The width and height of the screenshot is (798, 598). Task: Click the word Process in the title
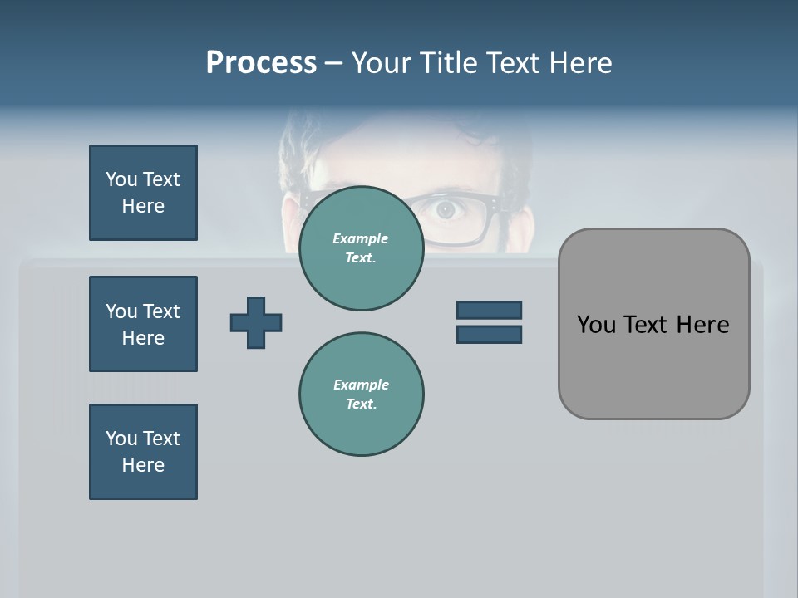(261, 63)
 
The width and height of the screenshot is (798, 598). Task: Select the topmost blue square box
(143, 193)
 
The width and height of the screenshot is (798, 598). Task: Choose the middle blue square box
(143, 324)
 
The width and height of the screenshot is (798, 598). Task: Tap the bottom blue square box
(143, 452)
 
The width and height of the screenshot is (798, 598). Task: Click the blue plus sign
(256, 322)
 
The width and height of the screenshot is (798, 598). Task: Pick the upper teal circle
(361, 248)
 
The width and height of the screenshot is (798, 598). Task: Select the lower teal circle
(361, 394)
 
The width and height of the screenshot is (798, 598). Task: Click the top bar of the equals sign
(489, 310)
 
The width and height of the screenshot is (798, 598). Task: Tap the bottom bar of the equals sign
(489, 334)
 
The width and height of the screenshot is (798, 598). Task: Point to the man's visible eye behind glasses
(447, 211)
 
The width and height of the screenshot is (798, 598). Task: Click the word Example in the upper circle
(361, 238)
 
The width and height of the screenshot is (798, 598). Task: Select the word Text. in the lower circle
(361, 404)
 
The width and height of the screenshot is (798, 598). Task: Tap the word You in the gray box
(595, 325)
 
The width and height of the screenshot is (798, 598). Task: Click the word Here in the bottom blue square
(143, 465)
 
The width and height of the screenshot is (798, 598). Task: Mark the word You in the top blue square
(121, 179)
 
